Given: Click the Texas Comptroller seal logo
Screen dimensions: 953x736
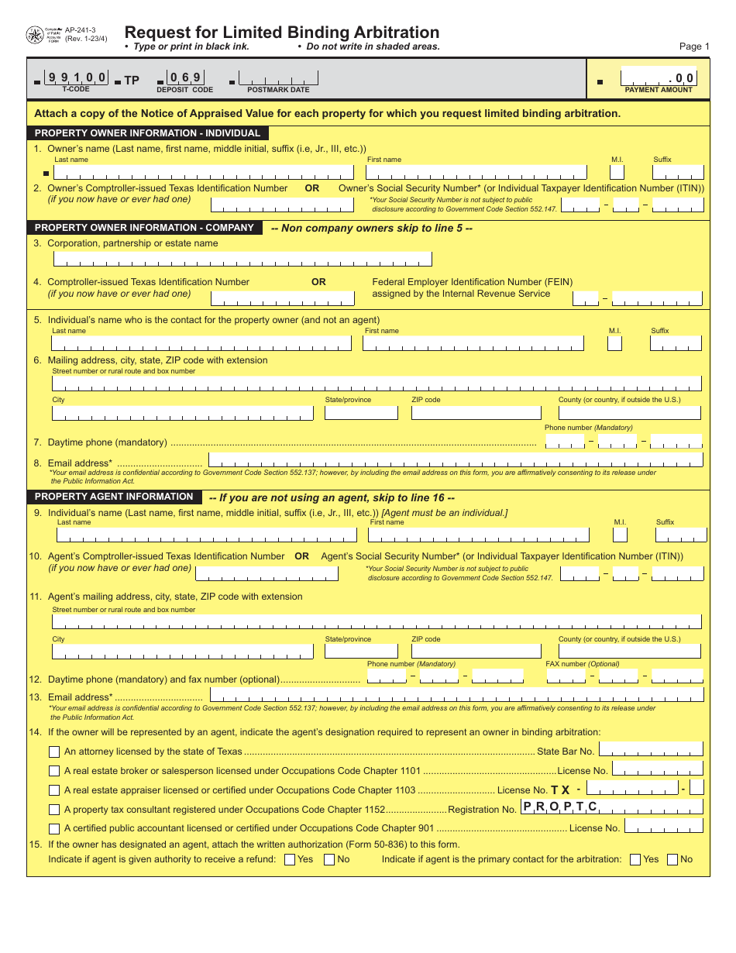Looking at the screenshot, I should click(x=35, y=36).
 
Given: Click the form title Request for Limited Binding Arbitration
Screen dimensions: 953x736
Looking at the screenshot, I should click(x=282, y=33).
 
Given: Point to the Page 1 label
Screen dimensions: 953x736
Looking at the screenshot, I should click(x=694, y=46).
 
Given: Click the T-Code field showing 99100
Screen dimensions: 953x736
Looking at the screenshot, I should click(x=76, y=77).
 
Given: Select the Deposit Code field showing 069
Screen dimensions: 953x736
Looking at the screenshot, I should click(x=184, y=77).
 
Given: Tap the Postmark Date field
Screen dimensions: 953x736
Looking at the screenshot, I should click(x=278, y=78).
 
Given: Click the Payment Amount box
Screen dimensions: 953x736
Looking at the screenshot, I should click(x=658, y=78).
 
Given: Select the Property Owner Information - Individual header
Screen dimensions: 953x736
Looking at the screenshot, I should click(x=147, y=133).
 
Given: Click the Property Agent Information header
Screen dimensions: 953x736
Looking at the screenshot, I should click(x=114, y=497).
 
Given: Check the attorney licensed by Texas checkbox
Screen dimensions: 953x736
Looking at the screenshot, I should click(x=54, y=752).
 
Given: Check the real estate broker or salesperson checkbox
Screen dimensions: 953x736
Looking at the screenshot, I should click(x=54, y=771).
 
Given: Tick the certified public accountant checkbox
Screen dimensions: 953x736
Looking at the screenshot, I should click(x=54, y=828).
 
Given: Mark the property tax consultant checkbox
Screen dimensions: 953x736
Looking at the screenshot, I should click(x=54, y=810).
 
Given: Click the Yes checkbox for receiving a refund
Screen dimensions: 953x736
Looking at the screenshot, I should click(x=290, y=859).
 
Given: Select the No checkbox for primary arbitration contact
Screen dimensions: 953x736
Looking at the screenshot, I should click(x=672, y=859).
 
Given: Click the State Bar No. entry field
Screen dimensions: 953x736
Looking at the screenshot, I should click(x=651, y=749).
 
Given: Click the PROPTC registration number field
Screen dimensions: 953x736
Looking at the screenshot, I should click(x=611, y=807).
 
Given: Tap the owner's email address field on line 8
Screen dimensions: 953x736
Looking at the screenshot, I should click(x=456, y=460).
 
